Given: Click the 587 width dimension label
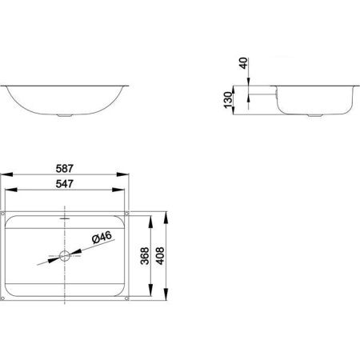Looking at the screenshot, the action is [x=64, y=169].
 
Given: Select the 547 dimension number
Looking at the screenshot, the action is [x=64, y=184].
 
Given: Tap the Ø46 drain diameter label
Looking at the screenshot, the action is [x=102, y=238].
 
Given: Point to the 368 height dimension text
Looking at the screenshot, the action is [x=145, y=256].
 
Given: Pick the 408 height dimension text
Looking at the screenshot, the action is [x=160, y=256].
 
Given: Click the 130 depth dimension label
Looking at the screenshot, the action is [x=228, y=100].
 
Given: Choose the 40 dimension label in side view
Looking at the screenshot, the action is [x=243, y=63].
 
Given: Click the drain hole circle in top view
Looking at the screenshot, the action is [x=65, y=256].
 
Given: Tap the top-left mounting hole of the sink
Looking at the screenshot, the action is [x=3, y=214].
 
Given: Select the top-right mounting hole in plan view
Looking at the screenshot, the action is [x=126, y=214].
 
